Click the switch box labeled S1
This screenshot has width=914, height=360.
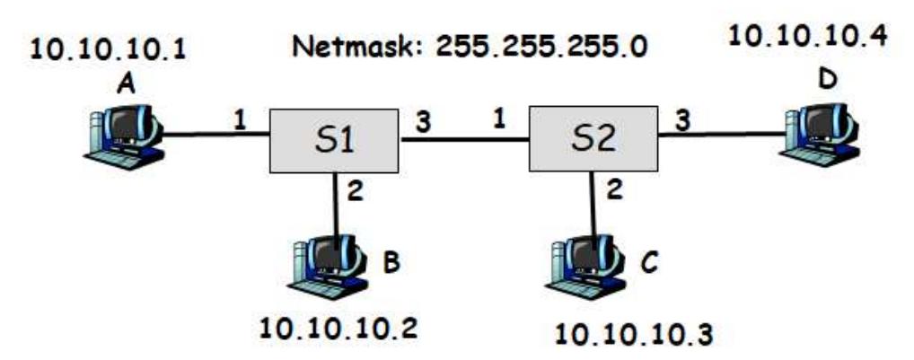[333, 141]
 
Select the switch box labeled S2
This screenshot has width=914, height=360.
[593, 141]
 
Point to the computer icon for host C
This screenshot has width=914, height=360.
[584, 259]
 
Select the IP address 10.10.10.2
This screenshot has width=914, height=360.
[338, 325]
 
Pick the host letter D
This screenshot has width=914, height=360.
[826, 79]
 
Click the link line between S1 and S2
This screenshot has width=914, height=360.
[463, 139]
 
